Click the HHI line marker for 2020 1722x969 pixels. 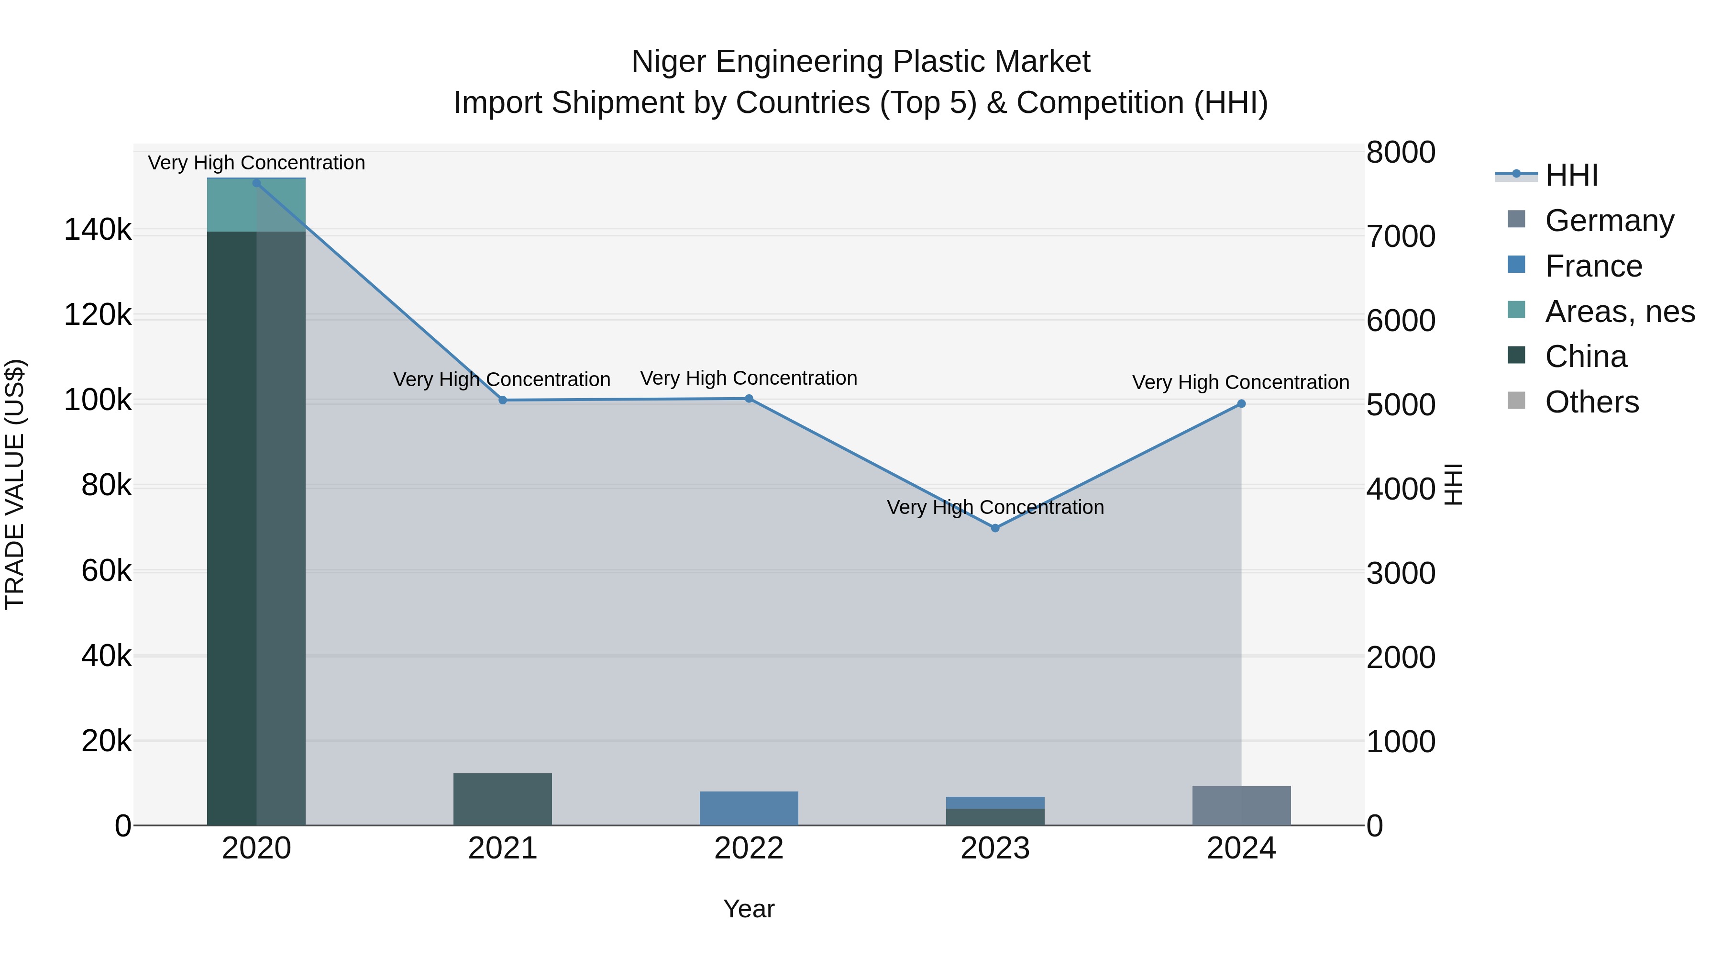pos(257,183)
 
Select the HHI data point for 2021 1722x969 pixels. pos(503,400)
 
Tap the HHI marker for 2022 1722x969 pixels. pos(749,399)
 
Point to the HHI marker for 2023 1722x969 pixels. pos(995,528)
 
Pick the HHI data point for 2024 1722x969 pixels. pos(1241,403)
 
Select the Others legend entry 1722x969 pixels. pos(1591,402)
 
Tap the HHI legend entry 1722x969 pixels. pos(1571,175)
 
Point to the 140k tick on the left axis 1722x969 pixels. pos(98,230)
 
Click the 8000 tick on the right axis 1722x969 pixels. pos(1400,153)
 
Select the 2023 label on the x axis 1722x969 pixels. pos(995,848)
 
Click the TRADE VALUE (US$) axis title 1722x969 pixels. pos(15,484)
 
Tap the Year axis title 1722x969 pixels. pos(749,909)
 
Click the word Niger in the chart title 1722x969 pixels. pos(669,62)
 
